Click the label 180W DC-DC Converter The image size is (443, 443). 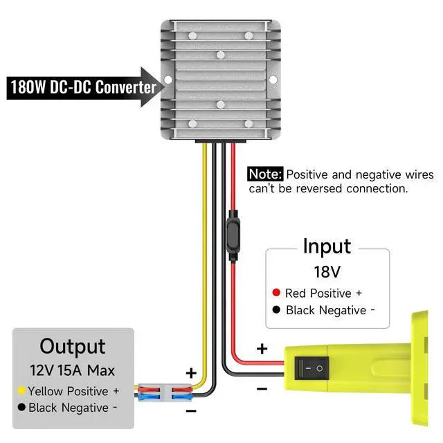click(x=83, y=87)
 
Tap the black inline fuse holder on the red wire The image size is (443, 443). click(x=233, y=235)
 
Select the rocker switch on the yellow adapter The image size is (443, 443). click(x=311, y=368)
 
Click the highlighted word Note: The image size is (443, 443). click(x=265, y=174)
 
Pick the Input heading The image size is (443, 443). click(x=327, y=246)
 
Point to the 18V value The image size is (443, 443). click(x=327, y=272)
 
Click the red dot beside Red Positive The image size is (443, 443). click(x=276, y=292)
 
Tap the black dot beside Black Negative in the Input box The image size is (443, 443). click(x=276, y=309)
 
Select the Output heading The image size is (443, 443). click(x=73, y=346)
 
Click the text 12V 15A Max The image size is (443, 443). click(x=73, y=370)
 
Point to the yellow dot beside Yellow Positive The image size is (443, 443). click(x=21, y=390)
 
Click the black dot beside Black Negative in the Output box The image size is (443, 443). click(x=21, y=407)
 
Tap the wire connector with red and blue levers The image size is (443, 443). click(x=165, y=392)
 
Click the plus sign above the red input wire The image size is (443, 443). click(x=262, y=349)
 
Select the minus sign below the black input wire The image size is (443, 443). click(x=262, y=389)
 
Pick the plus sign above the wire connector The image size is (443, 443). click(x=191, y=373)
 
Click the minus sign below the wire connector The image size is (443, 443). click(x=191, y=410)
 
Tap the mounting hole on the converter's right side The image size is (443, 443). click(x=273, y=80)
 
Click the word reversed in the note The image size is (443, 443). click(x=319, y=188)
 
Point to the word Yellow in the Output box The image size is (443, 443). click(x=45, y=392)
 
